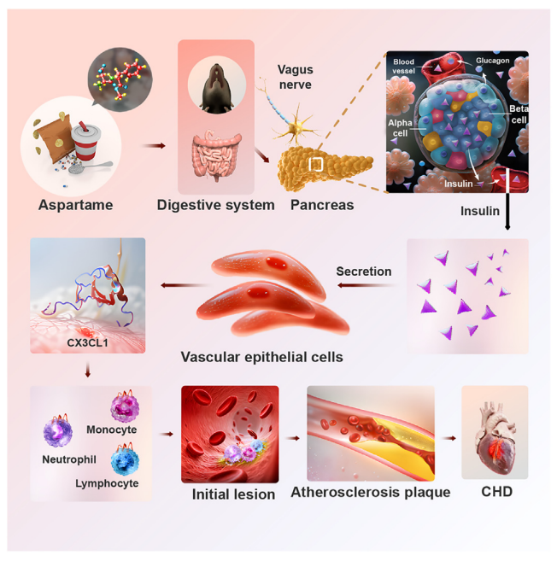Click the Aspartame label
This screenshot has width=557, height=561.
75,205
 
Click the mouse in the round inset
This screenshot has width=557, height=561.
217,88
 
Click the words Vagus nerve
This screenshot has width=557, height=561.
296,77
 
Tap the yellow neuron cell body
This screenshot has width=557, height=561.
296,127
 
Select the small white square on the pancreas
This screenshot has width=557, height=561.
316,165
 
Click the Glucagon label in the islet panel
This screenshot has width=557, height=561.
493,61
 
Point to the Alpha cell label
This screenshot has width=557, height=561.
400,128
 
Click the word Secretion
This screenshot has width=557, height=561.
364,272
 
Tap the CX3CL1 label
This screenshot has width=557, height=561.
87,342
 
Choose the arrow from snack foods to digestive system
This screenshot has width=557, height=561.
154,146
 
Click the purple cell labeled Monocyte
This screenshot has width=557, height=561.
125,406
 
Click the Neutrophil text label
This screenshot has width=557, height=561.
69,459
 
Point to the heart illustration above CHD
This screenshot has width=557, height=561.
495,437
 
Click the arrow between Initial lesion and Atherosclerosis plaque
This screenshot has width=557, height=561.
293,438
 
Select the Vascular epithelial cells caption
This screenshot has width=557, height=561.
261,357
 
